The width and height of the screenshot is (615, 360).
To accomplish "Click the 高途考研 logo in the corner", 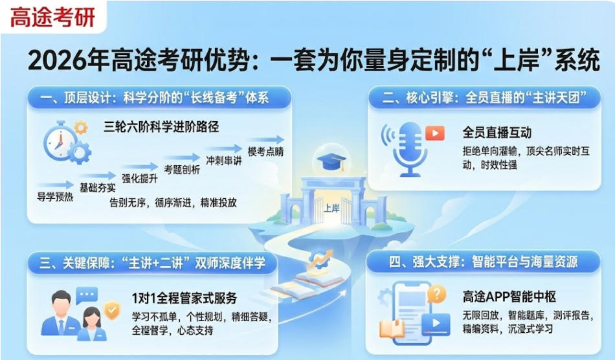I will tap(52, 17).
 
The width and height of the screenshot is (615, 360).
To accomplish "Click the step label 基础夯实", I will tap(97, 188).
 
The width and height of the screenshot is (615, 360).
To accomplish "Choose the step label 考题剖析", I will tap(182, 170).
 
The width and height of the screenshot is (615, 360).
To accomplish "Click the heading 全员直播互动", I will tap(497, 133).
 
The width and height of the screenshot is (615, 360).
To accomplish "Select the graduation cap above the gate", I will tap(329, 162).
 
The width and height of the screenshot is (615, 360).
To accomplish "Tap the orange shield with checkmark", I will tap(113, 311).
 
